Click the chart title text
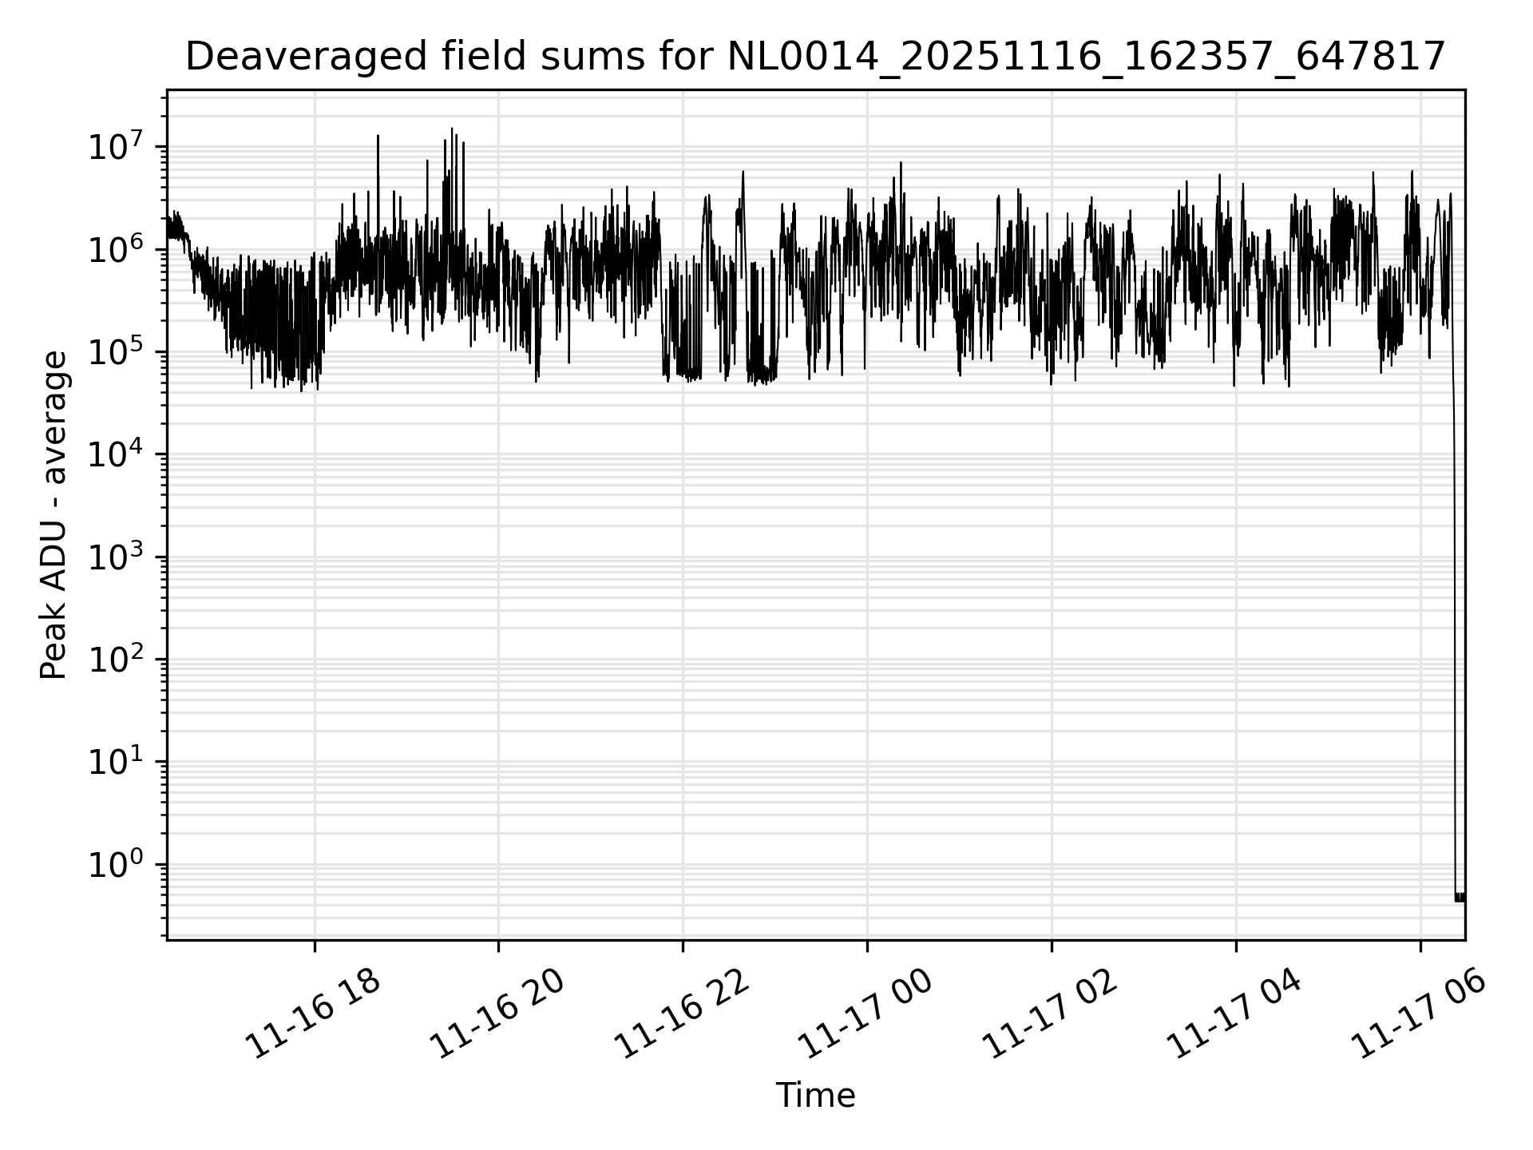point(815,57)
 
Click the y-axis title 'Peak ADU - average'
point(54,515)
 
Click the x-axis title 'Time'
point(815,1096)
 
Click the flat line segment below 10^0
point(1460,897)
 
